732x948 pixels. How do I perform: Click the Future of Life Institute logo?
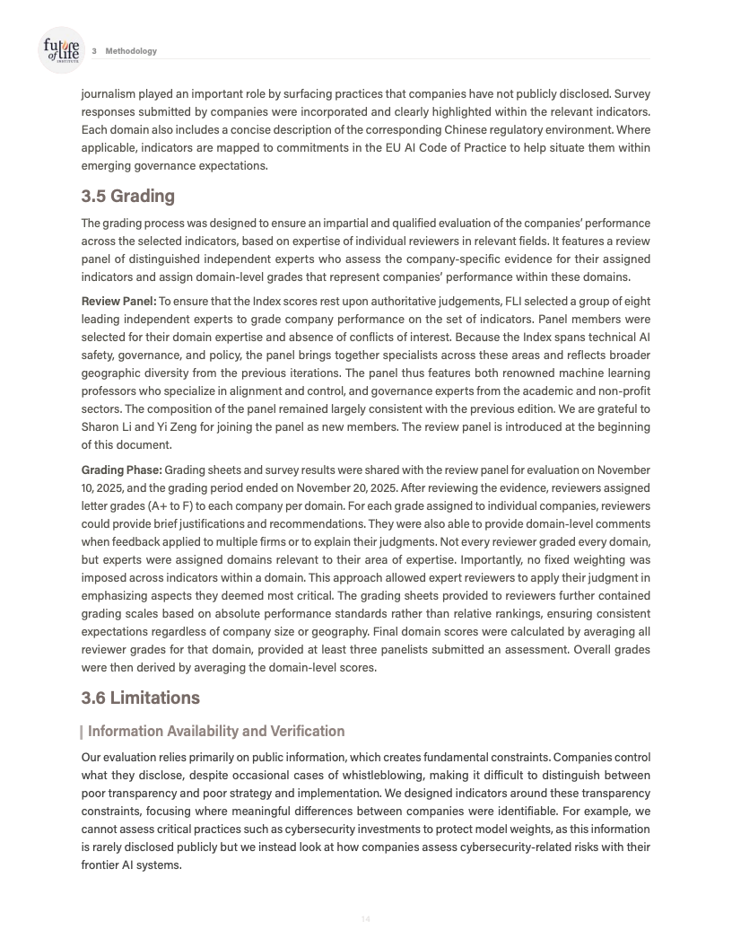tap(61, 49)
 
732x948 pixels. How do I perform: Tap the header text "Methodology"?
tap(131, 51)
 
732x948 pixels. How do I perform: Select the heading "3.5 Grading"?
tap(127, 196)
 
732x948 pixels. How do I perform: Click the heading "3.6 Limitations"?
tap(140, 698)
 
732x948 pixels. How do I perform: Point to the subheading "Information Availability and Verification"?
tap(215, 731)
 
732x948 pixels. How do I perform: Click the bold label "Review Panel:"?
tap(118, 301)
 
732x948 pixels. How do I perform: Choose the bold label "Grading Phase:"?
tap(122, 470)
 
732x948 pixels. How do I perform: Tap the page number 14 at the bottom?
tap(365, 918)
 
